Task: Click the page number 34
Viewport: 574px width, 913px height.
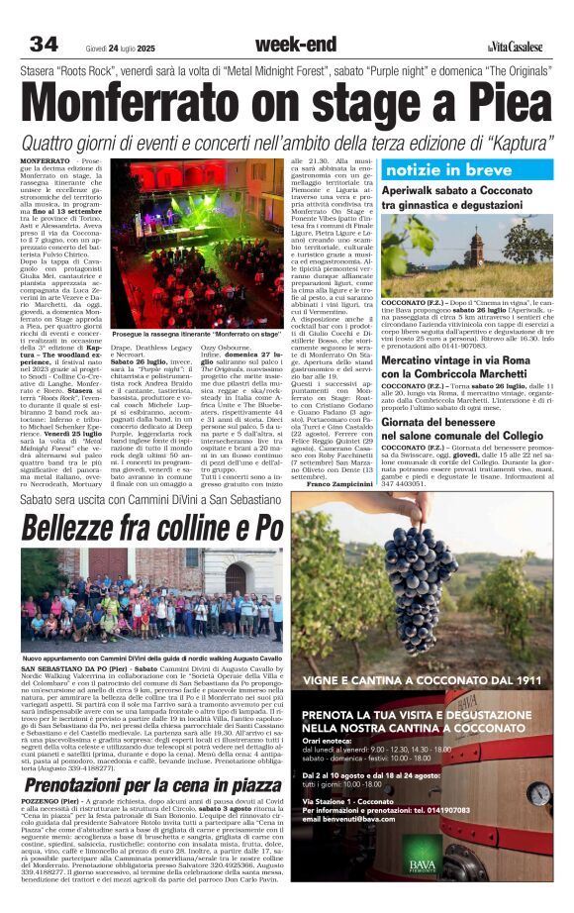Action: (45, 45)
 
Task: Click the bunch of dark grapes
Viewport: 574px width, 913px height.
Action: (416, 584)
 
